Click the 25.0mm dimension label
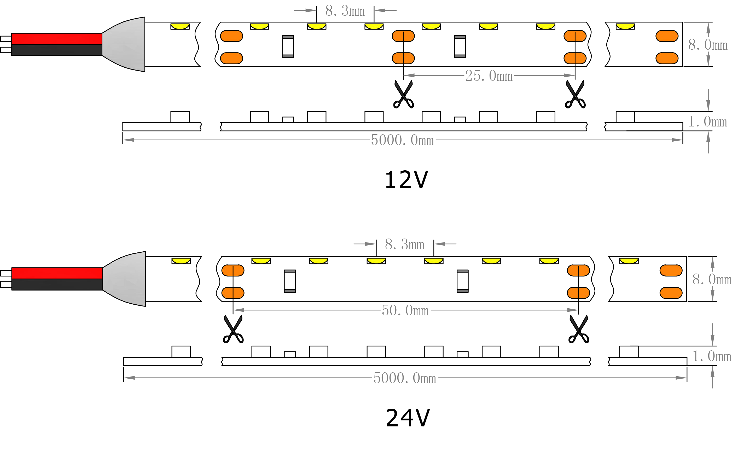click(489, 76)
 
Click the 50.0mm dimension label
click(405, 310)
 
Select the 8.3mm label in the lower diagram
click(404, 245)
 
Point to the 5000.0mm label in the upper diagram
click(402, 140)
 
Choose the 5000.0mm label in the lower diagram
click(404, 378)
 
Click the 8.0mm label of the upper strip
click(707, 45)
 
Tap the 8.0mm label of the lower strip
click(712, 279)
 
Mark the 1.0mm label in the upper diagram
click(707, 122)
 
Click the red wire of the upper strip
click(57, 39)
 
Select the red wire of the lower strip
click(57, 273)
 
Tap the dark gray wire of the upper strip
click(57, 50)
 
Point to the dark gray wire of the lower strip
click(57, 284)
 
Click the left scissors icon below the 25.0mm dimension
click(403, 95)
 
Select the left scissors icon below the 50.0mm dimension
click(233, 329)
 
